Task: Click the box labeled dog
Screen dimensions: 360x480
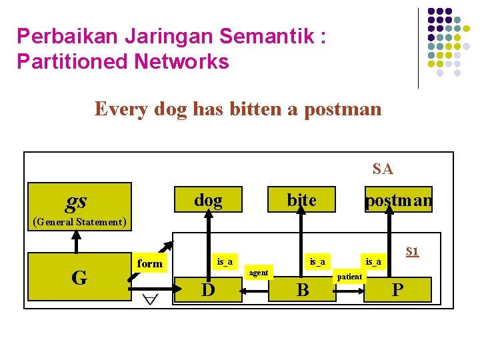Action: point(208,199)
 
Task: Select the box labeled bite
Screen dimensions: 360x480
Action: point(301,199)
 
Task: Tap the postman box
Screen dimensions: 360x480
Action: point(398,199)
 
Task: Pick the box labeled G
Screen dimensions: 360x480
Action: point(79,277)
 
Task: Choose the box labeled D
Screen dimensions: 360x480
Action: point(207,290)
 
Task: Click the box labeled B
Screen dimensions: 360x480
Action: point(301,290)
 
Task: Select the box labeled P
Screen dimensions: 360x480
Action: point(397,290)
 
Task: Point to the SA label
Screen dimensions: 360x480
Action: point(383,169)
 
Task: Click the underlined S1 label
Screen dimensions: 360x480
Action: point(413,251)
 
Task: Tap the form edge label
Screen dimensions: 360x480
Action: point(149,263)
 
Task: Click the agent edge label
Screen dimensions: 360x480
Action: point(258,272)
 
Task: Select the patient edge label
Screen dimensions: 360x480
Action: point(350,276)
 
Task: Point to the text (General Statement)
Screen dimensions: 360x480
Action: point(79,222)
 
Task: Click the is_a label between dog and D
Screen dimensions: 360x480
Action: point(225,261)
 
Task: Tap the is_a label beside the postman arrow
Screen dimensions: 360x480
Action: point(373,261)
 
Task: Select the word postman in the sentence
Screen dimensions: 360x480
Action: point(343,108)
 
